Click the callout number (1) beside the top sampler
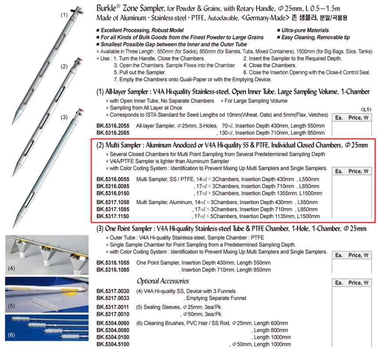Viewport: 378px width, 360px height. (x=64, y=15)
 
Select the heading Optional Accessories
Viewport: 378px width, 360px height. (x=163, y=281)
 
